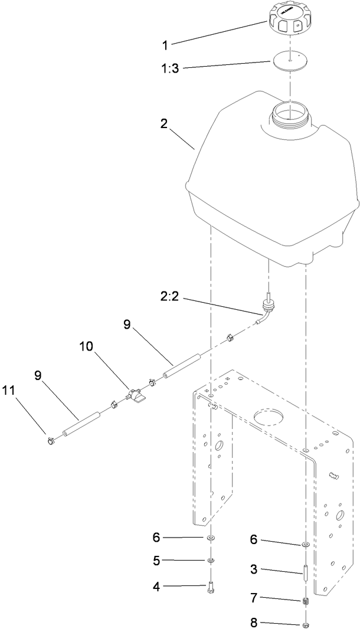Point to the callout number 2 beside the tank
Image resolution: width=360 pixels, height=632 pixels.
click(x=163, y=124)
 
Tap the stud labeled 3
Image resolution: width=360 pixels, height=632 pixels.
click(x=306, y=572)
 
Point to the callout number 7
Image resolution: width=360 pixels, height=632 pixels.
click(x=253, y=598)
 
